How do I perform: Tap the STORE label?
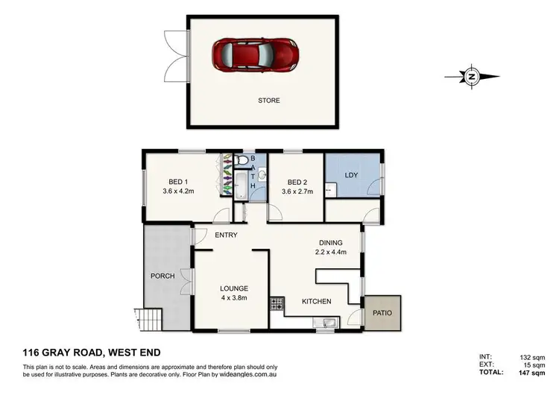269,101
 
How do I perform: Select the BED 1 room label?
177,182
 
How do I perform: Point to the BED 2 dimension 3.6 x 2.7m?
297,192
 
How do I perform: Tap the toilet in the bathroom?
241,161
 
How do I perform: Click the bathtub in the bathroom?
241,185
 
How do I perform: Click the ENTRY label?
226,236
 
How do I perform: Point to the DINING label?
330,242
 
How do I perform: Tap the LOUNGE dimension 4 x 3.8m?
233,297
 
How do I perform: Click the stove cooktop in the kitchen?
277,303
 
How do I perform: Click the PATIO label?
383,313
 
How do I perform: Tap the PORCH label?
162,276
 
